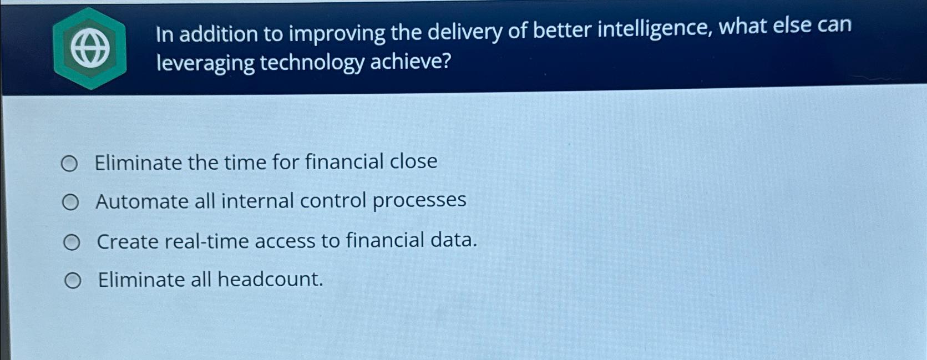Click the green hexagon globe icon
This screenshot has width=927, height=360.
click(x=90, y=48)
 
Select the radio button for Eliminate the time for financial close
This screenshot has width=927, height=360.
click(x=69, y=164)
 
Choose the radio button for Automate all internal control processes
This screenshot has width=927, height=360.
click(x=70, y=203)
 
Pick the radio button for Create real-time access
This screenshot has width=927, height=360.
click(x=72, y=242)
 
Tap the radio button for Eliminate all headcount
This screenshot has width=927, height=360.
click(x=73, y=282)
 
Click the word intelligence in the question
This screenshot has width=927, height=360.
click(x=654, y=29)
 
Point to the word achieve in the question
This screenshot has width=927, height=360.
click(x=411, y=61)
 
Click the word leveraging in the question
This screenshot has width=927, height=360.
click(x=205, y=63)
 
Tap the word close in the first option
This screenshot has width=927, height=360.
click(x=413, y=161)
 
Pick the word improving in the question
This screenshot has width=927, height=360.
click(x=337, y=33)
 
